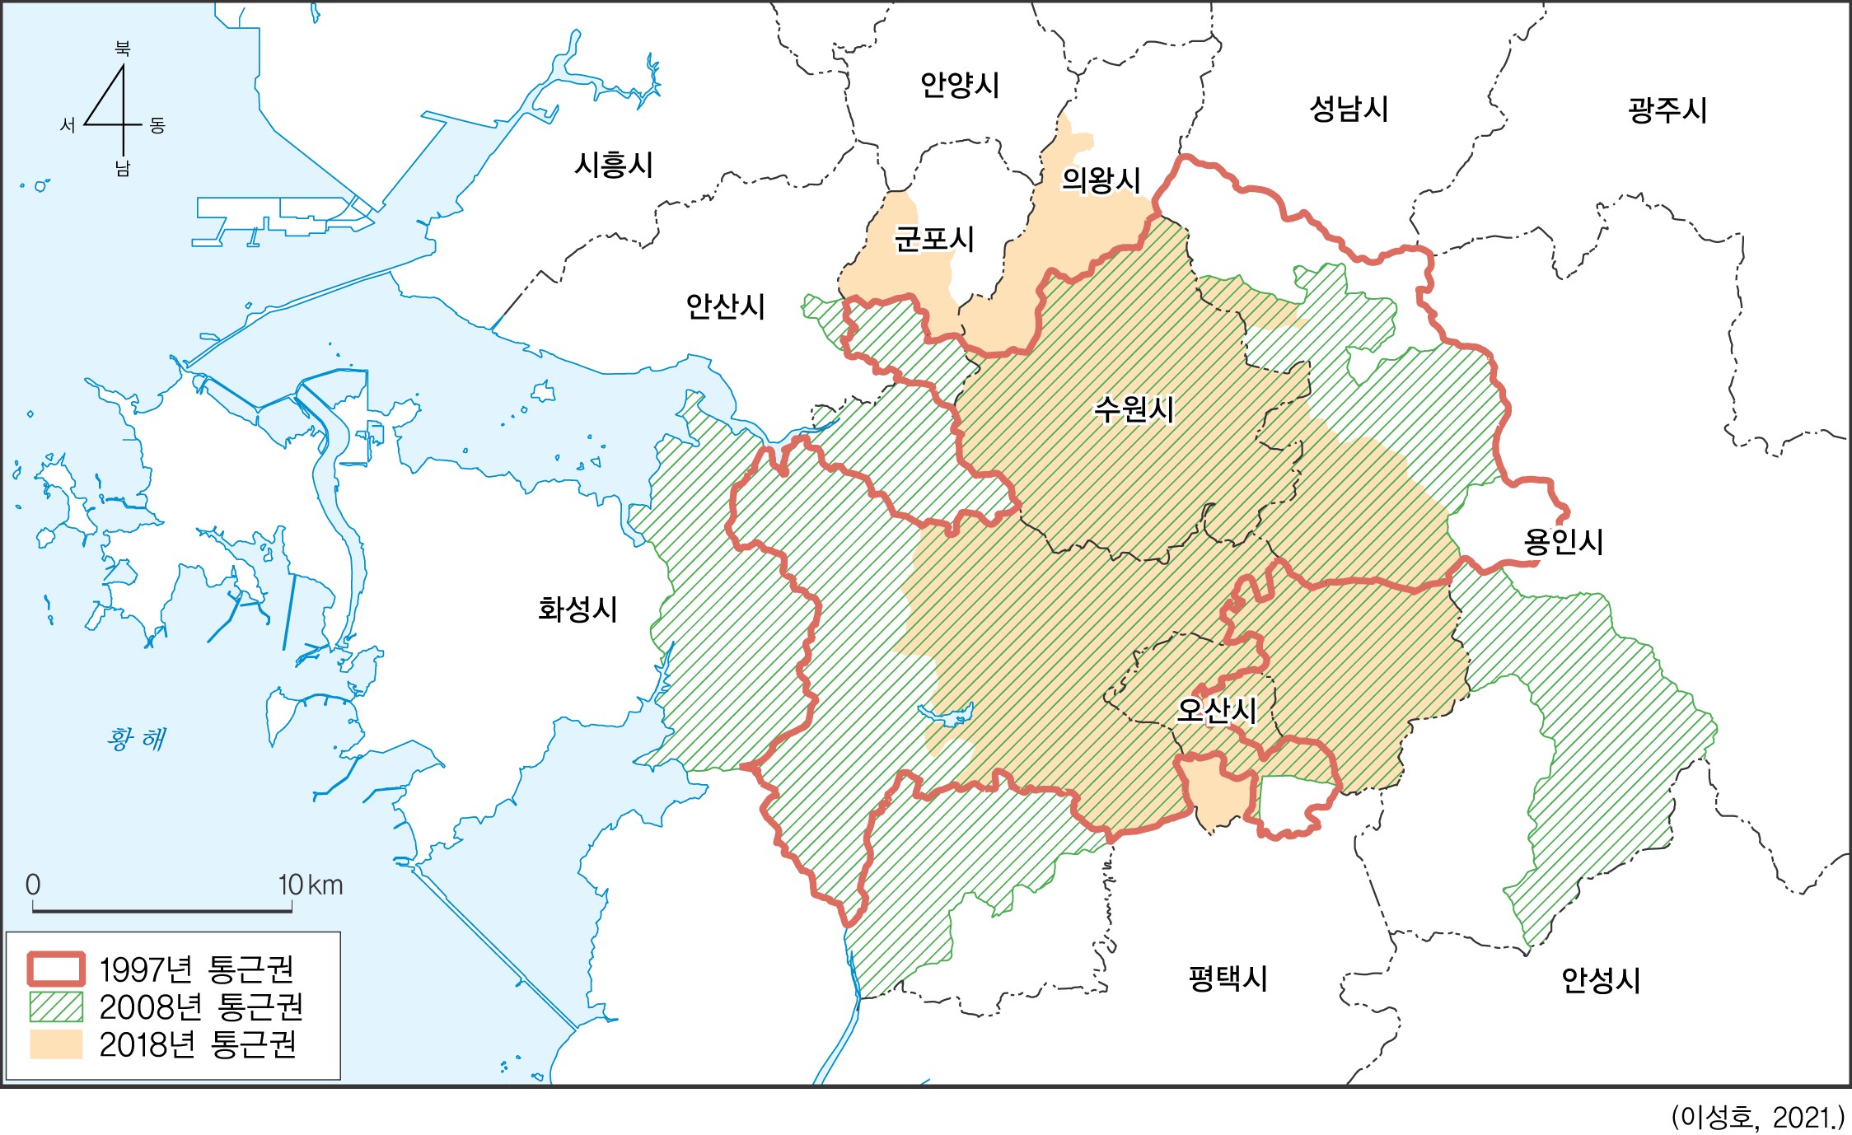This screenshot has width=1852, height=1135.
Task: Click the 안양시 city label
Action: [959, 85]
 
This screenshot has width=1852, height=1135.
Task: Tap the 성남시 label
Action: [1349, 109]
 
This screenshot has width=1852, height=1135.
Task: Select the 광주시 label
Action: [1667, 110]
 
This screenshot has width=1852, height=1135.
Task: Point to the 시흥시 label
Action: [614, 165]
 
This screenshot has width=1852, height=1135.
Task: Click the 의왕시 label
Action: [1101, 180]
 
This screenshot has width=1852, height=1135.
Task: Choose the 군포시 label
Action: [934, 239]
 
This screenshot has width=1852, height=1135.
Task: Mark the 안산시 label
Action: [726, 306]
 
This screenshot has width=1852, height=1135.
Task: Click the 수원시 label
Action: [1134, 409]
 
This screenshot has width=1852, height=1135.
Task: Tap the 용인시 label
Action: [1563, 541]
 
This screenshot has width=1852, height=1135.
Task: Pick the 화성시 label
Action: [578, 610]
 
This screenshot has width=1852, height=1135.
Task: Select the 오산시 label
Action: [1216, 710]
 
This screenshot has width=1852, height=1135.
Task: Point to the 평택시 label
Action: [1228, 978]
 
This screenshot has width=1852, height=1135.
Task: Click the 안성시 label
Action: [1601, 979]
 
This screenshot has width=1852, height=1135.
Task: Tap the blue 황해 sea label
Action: [136, 738]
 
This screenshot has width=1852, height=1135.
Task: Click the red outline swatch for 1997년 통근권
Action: [56, 969]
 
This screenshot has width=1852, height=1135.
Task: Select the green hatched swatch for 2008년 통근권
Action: [56, 1007]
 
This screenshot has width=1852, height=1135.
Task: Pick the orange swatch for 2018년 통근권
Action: [56, 1044]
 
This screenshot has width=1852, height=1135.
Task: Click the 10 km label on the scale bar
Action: [311, 885]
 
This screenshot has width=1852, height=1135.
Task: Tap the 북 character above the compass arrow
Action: [123, 49]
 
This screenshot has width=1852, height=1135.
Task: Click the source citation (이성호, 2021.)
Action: [1757, 1117]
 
